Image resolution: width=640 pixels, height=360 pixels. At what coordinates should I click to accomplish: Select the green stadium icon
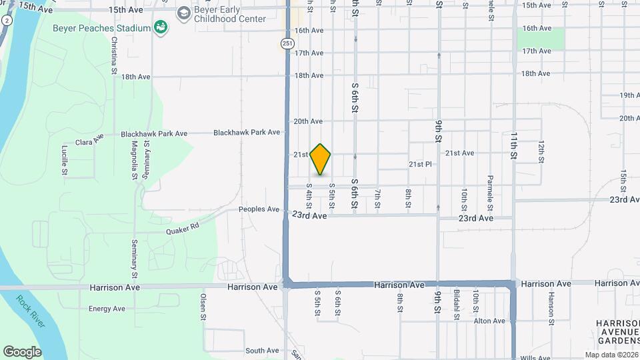click(160, 27)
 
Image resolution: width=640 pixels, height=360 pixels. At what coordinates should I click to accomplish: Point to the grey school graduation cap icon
click(183, 13)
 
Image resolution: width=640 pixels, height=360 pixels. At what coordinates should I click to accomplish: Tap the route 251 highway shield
click(286, 43)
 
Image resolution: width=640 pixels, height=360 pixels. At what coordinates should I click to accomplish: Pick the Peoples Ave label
click(259, 209)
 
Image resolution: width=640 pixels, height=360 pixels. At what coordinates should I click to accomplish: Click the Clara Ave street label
click(90, 141)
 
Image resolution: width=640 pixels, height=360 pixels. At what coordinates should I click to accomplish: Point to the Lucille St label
click(65, 160)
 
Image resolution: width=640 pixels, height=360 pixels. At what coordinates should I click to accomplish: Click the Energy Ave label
click(107, 309)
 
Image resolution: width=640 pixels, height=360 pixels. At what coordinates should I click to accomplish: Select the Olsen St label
click(203, 307)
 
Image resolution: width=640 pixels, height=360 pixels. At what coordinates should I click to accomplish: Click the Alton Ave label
click(489, 321)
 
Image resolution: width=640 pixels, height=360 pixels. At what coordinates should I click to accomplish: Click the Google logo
click(22, 351)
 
